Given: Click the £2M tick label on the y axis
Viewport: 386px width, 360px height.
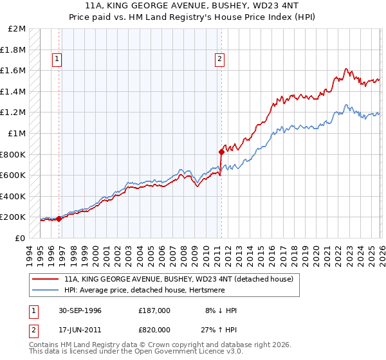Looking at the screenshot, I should point(17,29).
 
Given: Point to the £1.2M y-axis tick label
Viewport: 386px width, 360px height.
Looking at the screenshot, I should point(14,113).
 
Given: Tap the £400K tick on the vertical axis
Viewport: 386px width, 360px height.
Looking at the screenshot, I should point(14,196).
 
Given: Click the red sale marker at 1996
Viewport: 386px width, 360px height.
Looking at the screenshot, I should point(59,219).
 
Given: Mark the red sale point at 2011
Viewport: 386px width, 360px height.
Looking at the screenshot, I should point(221,152).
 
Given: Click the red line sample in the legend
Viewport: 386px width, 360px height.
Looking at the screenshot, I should point(46,279).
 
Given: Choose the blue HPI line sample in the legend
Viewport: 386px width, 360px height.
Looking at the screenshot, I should point(46,290).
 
